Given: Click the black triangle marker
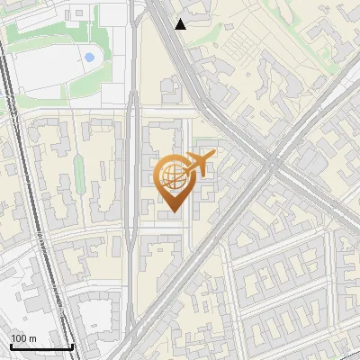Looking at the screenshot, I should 181,24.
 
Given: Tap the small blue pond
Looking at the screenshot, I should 89,58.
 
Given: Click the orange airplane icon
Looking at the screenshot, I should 199,165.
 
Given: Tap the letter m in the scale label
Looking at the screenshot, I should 32,338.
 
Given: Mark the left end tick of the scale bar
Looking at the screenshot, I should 10,346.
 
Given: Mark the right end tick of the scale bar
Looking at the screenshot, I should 72,346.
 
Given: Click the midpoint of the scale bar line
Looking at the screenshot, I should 41,347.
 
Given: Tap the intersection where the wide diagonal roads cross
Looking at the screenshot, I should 270,163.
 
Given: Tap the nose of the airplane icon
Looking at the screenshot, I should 214,157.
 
